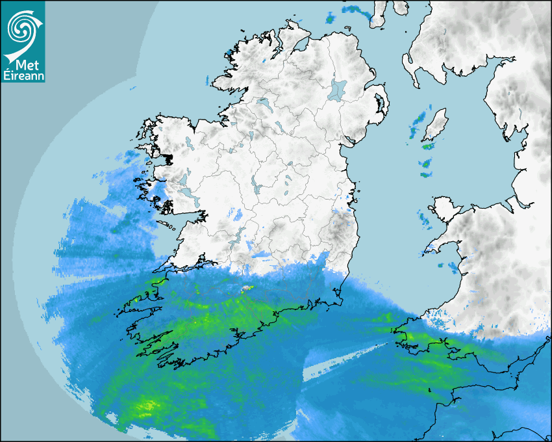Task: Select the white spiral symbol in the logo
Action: pos(22,28)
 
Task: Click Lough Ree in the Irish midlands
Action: pos(255,188)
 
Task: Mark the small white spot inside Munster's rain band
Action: pos(246,288)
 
